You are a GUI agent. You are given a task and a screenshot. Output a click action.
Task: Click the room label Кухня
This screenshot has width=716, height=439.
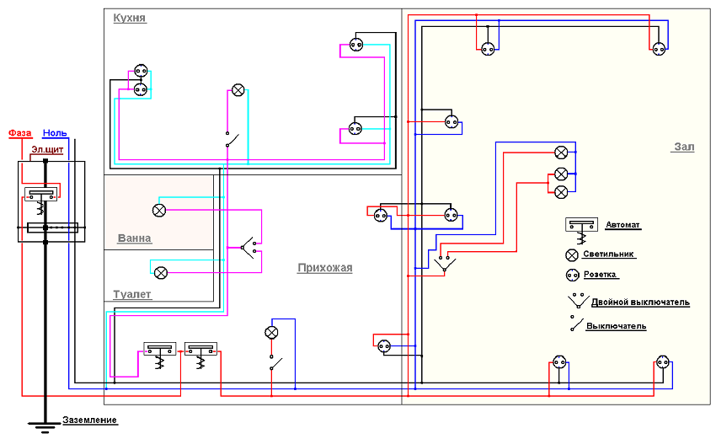[x=130, y=18]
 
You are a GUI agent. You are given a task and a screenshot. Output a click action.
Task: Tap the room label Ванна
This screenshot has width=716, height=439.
[x=134, y=238]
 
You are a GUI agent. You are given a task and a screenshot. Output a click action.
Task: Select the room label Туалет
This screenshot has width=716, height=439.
[x=132, y=294]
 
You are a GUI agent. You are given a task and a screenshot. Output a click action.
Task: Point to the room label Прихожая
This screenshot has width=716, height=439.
[x=324, y=268]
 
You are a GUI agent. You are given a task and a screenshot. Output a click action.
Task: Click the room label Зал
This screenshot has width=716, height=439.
[x=683, y=147]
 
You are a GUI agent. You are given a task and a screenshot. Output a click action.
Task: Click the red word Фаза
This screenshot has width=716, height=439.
[x=19, y=133]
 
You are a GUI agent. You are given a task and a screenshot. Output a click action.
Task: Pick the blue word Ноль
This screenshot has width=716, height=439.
[x=55, y=133]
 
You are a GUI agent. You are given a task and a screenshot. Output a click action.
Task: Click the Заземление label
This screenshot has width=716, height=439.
[x=89, y=420]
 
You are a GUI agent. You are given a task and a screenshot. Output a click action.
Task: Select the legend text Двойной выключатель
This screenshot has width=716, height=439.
[x=640, y=302]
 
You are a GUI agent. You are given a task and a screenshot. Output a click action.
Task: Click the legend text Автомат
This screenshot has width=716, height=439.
[x=623, y=225]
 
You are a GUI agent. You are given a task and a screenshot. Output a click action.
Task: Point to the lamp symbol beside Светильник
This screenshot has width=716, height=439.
[x=573, y=254]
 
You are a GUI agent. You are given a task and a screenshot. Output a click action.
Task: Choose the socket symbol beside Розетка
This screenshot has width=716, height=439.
[x=573, y=276]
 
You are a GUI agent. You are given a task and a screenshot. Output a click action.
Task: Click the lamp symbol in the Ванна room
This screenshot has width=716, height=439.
[x=159, y=209]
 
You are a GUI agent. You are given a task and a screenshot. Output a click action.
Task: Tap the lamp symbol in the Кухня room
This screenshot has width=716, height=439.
[x=238, y=90]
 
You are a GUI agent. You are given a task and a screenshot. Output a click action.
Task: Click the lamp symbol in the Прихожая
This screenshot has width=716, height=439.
[x=271, y=332]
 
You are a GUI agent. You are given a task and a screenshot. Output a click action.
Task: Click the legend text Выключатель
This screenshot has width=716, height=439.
[x=616, y=325]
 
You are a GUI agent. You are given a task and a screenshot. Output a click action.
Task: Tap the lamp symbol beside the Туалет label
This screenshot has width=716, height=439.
[x=159, y=271]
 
